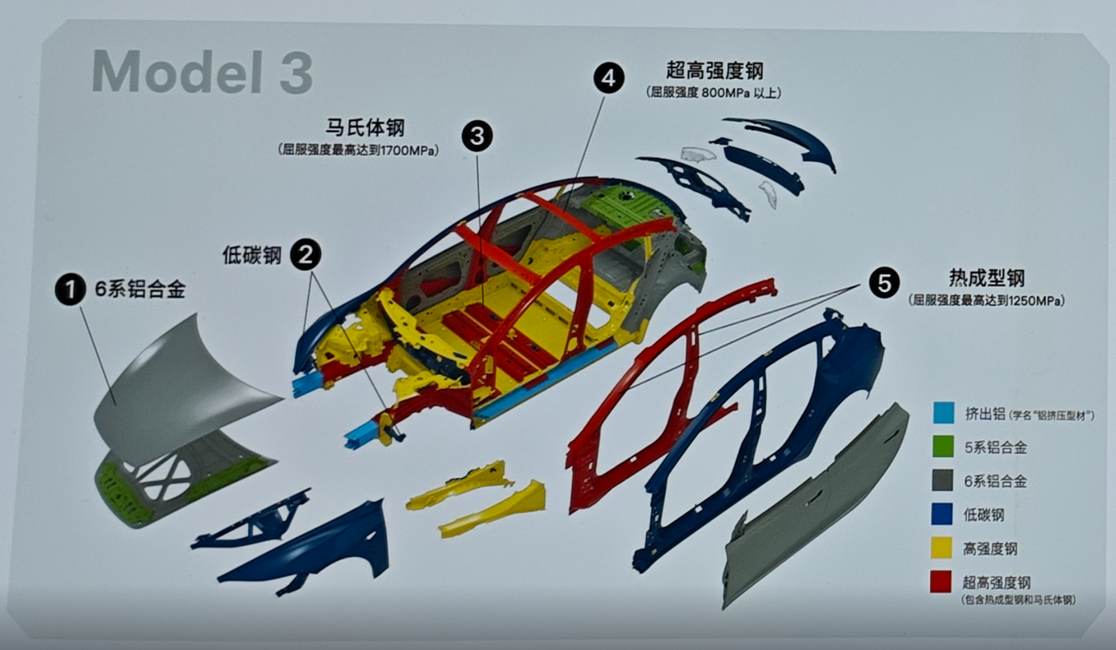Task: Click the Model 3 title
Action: [202, 72]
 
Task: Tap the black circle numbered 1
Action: [71, 290]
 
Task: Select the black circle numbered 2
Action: [305, 255]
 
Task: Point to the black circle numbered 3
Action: [477, 136]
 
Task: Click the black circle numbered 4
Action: [609, 78]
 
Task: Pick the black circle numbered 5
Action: [884, 283]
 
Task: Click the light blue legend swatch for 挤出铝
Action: [944, 413]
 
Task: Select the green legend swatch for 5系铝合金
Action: [944, 446]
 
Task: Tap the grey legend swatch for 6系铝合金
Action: [942, 480]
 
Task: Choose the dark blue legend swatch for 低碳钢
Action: [942, 514]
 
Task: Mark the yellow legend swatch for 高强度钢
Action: [942, 548]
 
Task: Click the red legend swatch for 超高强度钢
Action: [941, 582]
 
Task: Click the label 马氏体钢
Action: [365, 128]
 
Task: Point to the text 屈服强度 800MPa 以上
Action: [715, 93]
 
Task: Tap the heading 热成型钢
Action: [987, 278]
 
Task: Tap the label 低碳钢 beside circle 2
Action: [252, 255]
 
